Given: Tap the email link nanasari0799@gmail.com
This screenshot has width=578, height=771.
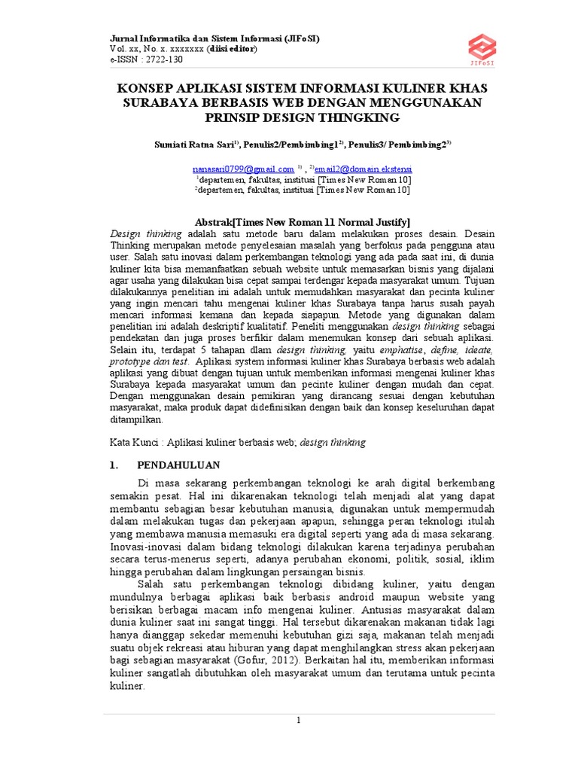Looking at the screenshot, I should coord(243,169).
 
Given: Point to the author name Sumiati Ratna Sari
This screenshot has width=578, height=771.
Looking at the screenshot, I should coord(191,143).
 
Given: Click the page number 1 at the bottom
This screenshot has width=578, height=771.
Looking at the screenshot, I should coord(299,721).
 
